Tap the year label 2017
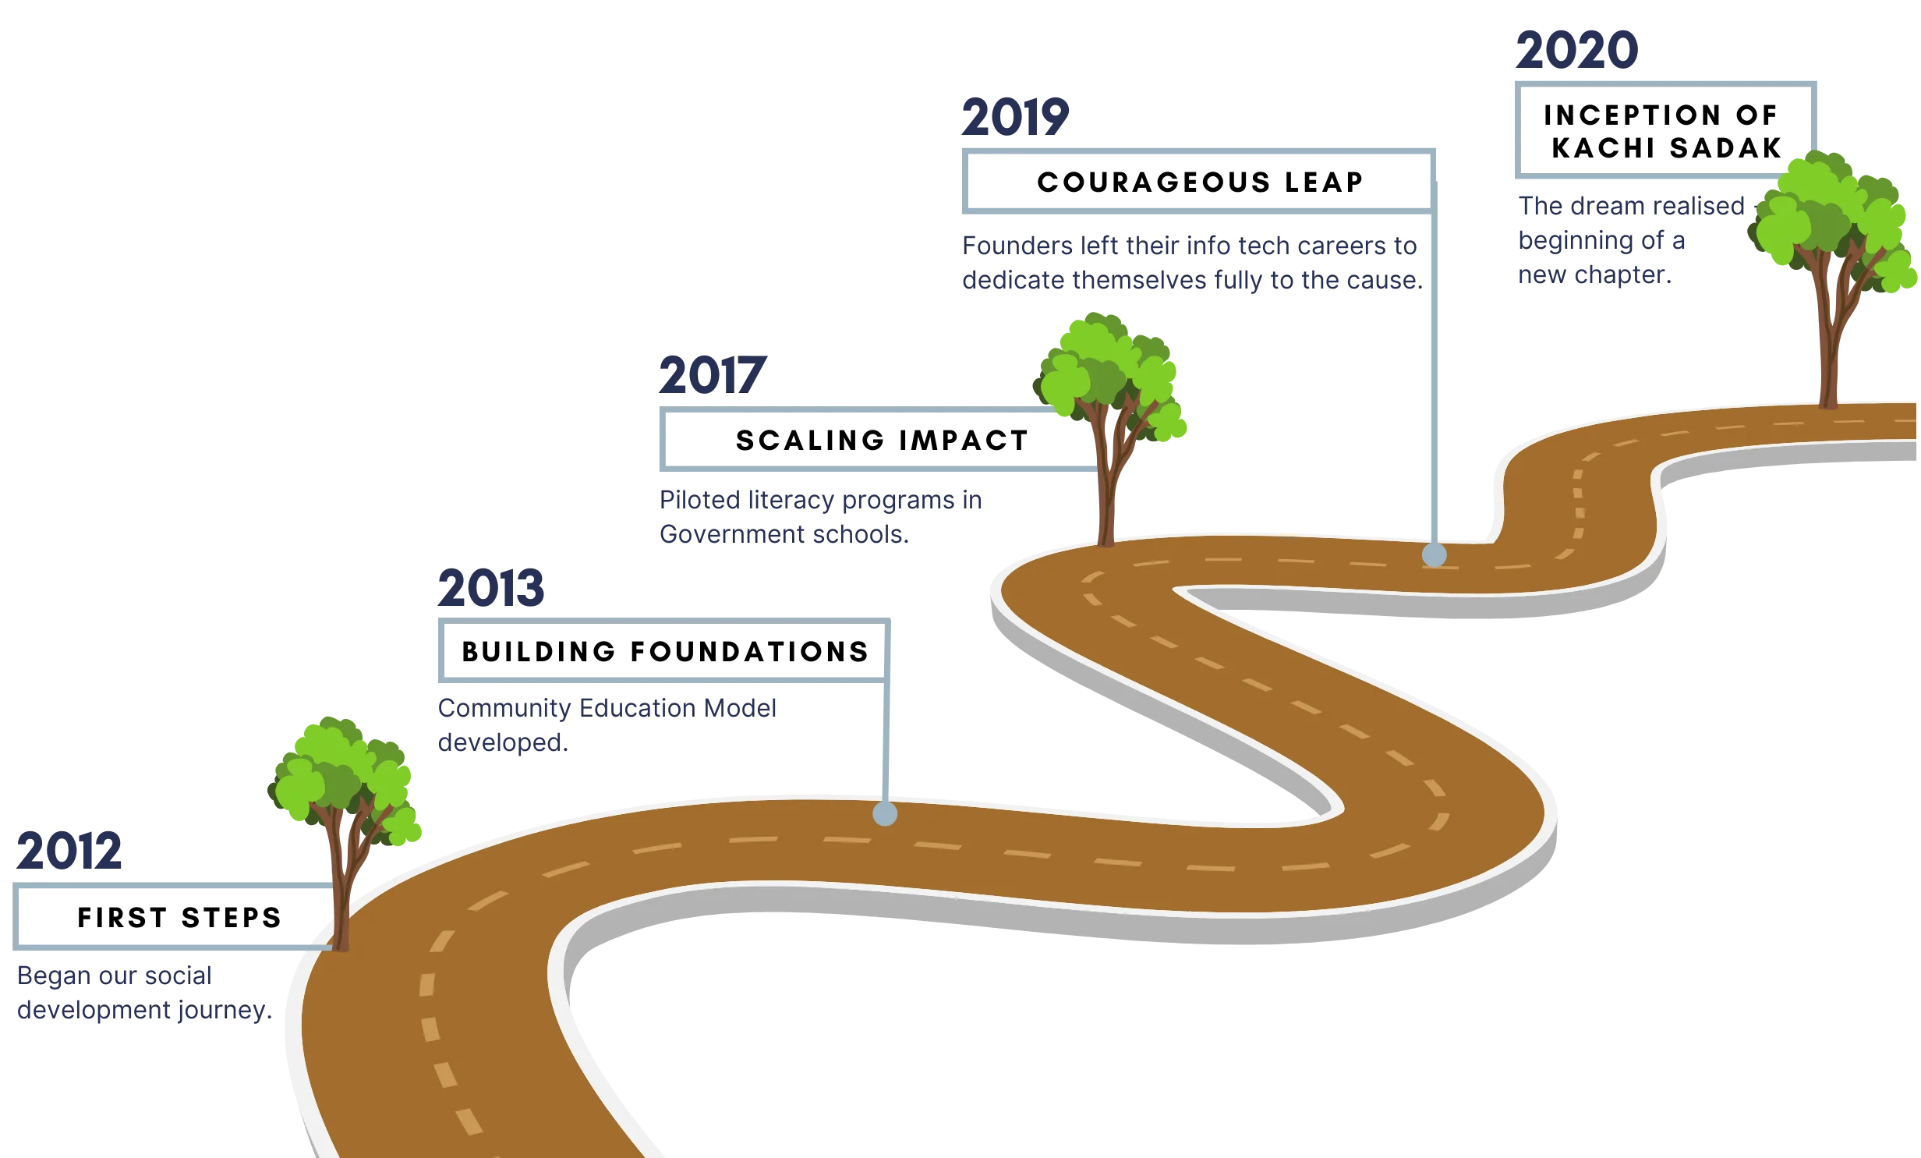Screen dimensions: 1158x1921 [x=710, y=376]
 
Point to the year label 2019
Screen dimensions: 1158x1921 [x=1016, y=118]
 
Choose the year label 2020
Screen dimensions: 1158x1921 [x=1577, y=48]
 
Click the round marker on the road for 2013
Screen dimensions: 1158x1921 [x=885, y=813]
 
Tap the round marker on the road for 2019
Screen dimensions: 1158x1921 [x=1434, y=555]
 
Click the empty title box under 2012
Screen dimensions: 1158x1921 [x=172, y=917]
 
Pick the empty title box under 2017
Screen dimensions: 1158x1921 [x=873, y=440]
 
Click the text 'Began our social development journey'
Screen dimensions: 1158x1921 [x=145, y=993]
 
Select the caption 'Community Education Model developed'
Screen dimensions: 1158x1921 [x=607, y=724]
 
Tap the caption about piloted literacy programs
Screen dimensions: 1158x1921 [x=823, y=517]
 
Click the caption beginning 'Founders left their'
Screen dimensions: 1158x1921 [x=1190, y=263]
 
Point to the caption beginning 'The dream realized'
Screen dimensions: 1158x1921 [x=1629, y=241]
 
